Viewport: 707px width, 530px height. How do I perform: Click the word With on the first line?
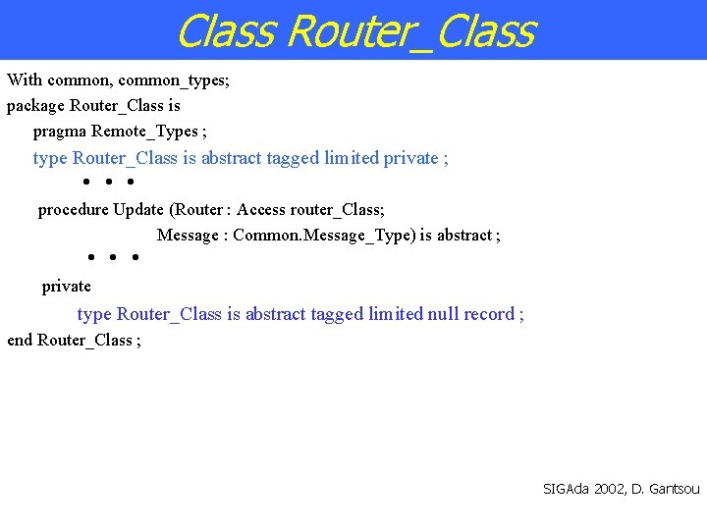click(x=25, y=79)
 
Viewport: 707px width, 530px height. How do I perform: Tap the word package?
click(x=35, y=105)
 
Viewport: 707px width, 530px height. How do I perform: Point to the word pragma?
click(x=60, y=131)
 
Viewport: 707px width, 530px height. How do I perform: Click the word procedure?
click(x=73, y=209)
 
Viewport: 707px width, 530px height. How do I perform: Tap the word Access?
click(x=261, y=209)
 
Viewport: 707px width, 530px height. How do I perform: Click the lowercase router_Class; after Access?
click(x=338, y=209)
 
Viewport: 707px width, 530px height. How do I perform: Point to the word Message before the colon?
click(x=189, y=235)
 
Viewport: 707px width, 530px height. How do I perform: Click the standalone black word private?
click(x=66, y=286)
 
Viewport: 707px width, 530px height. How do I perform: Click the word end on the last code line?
click(x=20, y=340)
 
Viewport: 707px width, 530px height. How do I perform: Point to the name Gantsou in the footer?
click(x=673, y=488)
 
